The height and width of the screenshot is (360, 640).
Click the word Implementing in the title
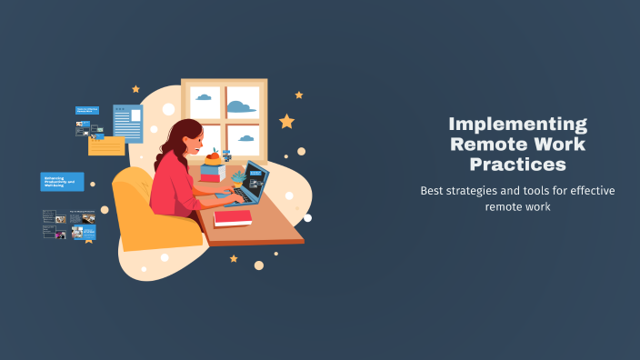pos(518,125)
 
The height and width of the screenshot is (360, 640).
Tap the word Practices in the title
pos(517,165)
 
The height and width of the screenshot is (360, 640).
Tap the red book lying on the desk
pos(233,218)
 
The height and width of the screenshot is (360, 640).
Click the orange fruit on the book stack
pos(213,157)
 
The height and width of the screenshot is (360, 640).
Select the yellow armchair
pos(145,214)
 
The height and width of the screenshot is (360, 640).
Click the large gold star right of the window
pos(286,121)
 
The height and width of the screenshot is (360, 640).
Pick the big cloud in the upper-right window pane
pos(239,107)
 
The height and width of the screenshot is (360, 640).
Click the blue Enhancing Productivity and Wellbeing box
pos(62,182)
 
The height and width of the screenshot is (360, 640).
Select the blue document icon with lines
pos(128,124)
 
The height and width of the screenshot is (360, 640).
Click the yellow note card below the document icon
pos(106,145)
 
